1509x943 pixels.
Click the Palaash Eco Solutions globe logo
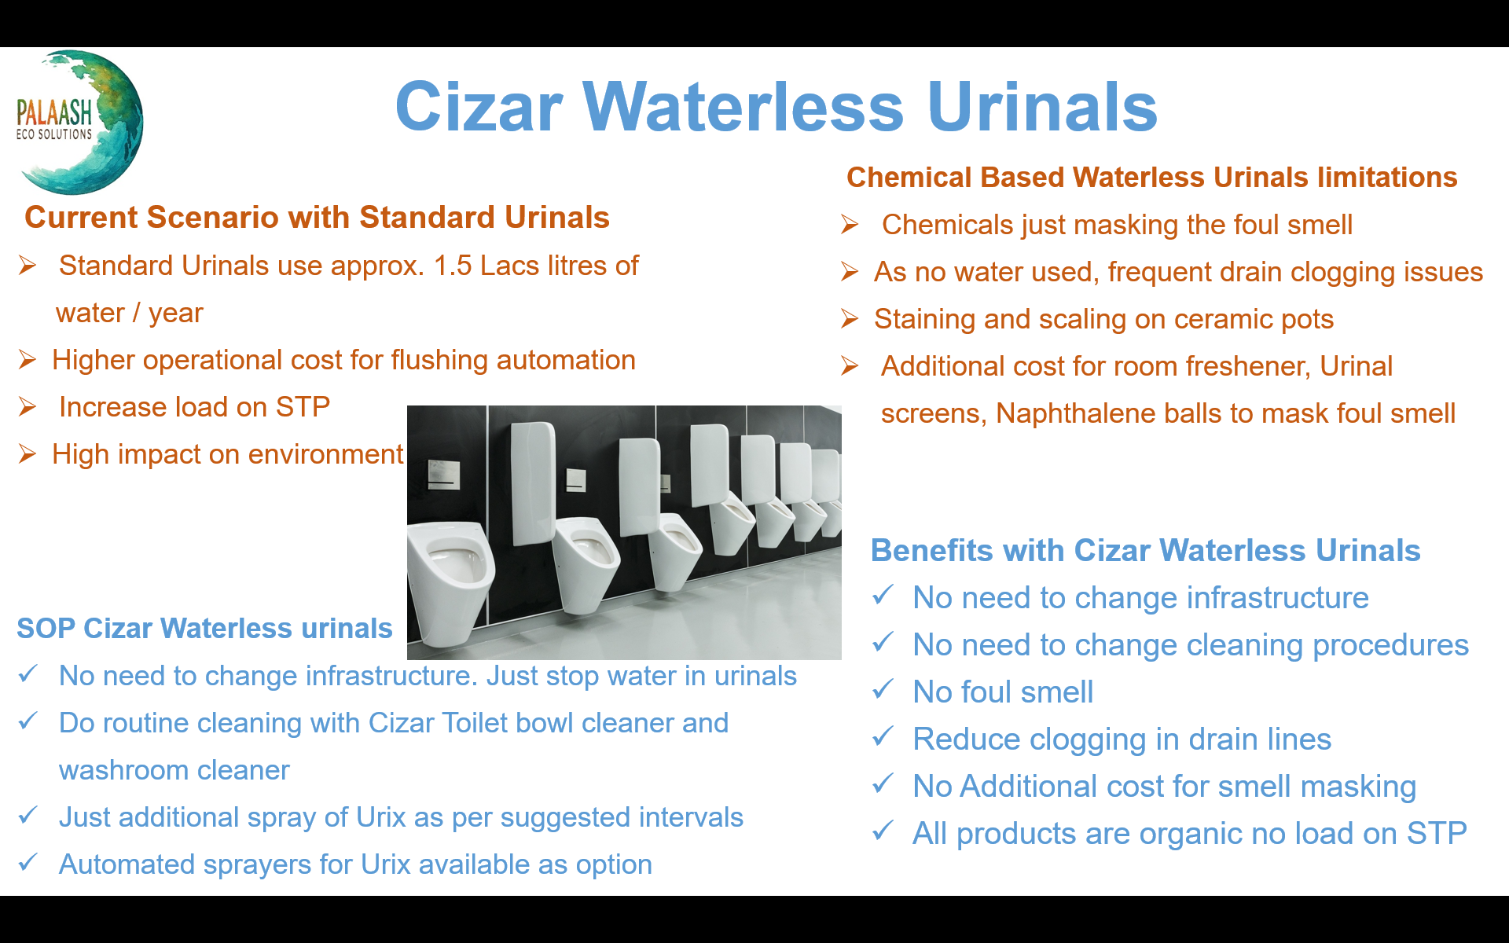[79, 122]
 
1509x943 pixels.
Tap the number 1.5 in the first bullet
[453, 266]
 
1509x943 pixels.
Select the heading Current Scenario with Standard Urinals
[317, 217]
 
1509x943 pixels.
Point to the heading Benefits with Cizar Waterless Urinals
[1146, 550]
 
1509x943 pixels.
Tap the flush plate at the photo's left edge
[442, 475]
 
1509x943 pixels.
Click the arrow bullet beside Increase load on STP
[28, 407]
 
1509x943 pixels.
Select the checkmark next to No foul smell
[883, 689]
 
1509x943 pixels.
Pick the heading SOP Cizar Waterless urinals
[204, 628]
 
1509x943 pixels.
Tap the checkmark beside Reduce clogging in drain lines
[883, 736]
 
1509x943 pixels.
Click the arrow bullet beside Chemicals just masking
[849, 225]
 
